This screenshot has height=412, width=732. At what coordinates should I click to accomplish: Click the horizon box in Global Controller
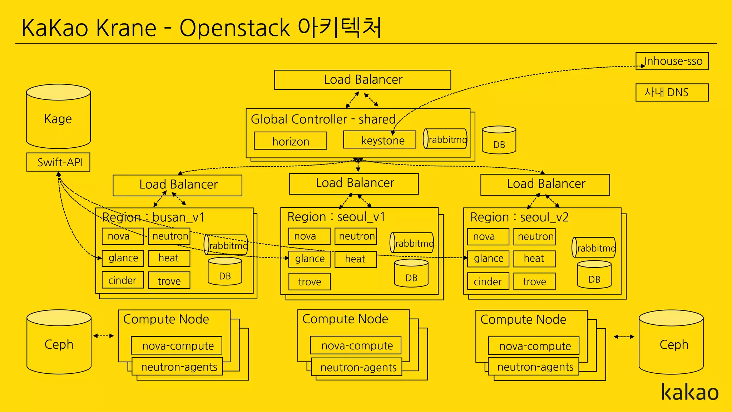coord(290,141)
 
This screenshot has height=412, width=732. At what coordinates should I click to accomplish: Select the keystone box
coord(380,140)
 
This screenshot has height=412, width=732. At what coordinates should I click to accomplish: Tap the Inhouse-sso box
coord(672,61)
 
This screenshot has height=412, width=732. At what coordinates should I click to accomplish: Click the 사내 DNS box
coord(672,93)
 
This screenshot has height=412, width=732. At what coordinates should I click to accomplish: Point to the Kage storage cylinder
coord(58,118)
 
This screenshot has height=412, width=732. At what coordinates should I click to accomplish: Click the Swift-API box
coord(58,162)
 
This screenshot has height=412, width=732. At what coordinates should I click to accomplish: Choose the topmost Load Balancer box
coord(362,80)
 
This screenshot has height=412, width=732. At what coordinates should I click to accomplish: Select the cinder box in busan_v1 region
coord(123,280)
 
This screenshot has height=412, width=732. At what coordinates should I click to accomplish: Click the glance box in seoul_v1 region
coord(310,259)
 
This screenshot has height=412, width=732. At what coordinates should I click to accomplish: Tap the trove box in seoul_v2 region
coord(534,281)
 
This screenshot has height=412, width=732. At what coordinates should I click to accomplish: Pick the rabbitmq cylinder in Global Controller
coord(445,139)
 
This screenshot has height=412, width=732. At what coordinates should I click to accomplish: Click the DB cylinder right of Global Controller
coord(499,140)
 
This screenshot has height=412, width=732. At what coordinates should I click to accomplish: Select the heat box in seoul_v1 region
coord(355,259)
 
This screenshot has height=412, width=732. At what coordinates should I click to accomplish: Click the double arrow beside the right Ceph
coord(624,337)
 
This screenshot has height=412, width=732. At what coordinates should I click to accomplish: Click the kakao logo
coord(689,392)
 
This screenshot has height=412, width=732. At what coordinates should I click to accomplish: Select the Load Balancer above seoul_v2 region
coord(545,184)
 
